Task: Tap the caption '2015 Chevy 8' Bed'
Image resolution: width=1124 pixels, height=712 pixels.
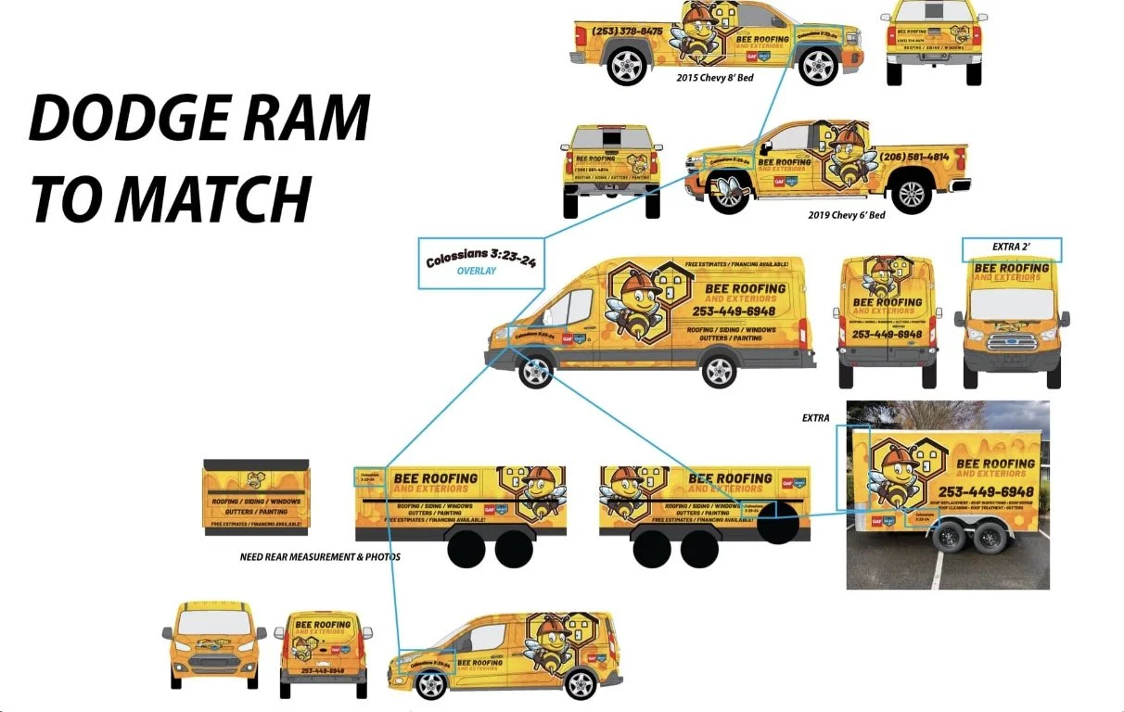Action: [714, 78]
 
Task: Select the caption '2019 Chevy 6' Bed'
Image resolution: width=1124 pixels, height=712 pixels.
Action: [847, 215]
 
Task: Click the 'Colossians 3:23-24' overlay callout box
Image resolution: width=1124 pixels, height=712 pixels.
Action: [477, 263]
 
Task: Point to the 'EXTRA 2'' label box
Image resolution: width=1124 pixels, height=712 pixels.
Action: [1011, 248]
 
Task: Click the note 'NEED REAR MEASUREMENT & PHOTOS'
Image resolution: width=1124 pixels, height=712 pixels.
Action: [320, 557]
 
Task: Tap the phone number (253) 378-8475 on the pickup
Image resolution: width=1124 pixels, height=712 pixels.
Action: [628, 31]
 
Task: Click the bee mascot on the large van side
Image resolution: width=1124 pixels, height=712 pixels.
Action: [635, 306]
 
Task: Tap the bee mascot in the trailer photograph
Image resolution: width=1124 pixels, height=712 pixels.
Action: [896, 477]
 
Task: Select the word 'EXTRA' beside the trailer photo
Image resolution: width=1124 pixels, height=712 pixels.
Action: [816, 419]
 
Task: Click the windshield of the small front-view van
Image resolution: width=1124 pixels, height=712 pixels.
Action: [214, 622]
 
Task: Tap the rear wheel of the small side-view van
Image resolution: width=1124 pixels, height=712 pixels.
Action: [581, 684]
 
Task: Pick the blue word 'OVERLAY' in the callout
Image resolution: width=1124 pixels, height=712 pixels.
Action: [477, 272]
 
